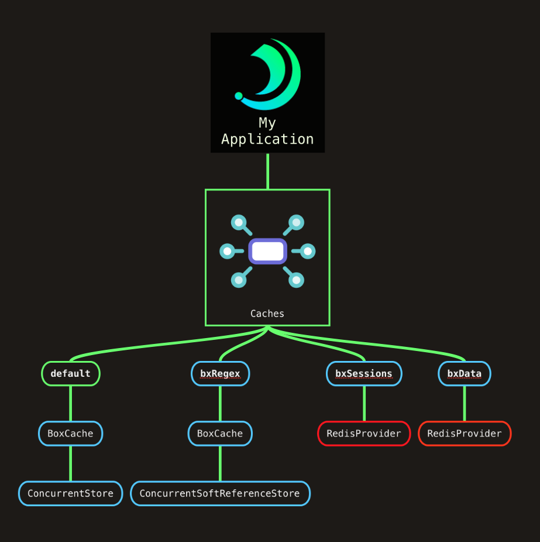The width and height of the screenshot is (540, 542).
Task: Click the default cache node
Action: [x=71, y=374]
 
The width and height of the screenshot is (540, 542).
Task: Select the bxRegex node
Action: [x=220, y=374]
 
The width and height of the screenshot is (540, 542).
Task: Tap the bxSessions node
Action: [x=364, y=374]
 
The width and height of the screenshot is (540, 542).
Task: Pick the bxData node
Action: [x=465, y=374]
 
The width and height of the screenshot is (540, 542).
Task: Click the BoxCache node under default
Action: [x=71, y=434]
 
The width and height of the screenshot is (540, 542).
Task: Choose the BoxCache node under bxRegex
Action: [x=220, y=434]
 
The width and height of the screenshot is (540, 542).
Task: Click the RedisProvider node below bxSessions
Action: [x=364, y=434]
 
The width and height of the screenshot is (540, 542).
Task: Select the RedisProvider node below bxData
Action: [x=465, y=434]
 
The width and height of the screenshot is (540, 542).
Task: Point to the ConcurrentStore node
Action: [x=71, y=493]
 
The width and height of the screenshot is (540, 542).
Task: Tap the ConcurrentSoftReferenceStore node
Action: [x=220, y=493]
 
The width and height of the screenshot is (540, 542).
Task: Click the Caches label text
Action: [x=267, y=313]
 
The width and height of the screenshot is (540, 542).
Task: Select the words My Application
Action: [x=267, y=131]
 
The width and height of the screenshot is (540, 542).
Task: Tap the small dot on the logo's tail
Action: [x=239, y=96]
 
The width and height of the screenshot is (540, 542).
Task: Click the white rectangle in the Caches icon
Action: [x=267, y=251]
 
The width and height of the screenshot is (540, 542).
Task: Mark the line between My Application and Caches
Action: [x=267, y=171]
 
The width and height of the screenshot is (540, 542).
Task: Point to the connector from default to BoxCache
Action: [x=71, y=404]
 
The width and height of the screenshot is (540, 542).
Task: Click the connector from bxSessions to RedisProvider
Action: [x=364, y=404]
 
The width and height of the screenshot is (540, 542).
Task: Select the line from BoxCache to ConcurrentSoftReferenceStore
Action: [x=220, y=463]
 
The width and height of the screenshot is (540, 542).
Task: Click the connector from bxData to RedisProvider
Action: [x=465, y=404]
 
